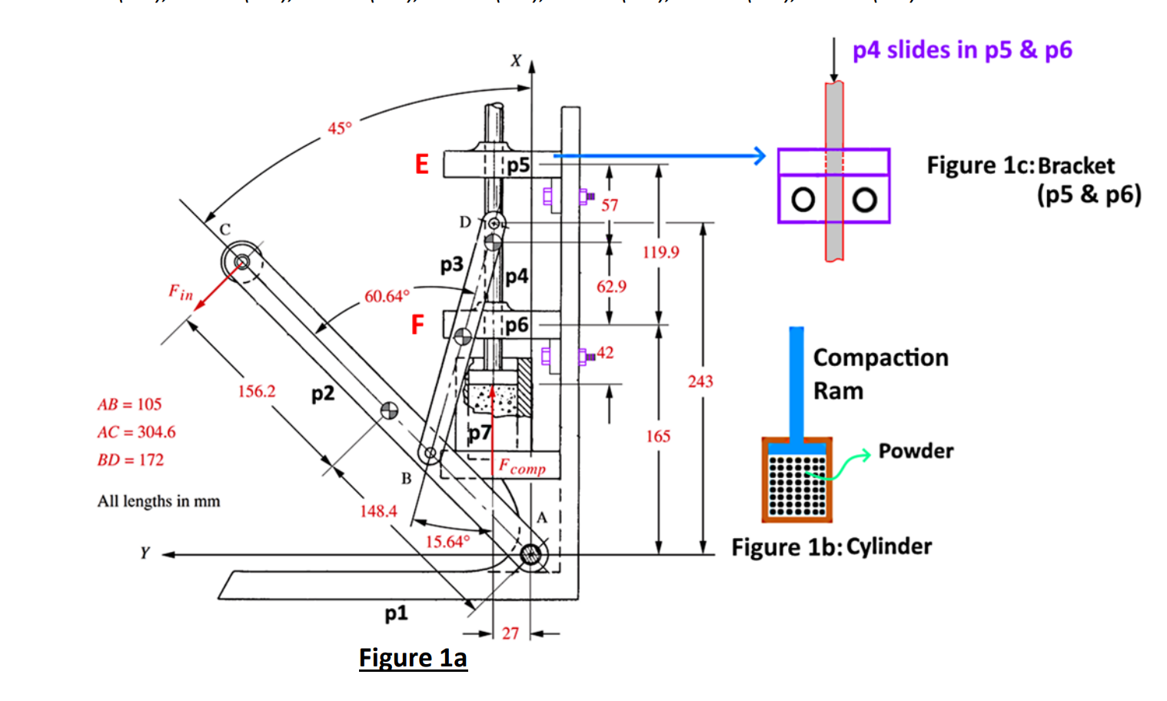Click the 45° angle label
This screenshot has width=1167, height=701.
(339, 128)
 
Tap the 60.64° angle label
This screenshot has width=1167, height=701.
(387, 296)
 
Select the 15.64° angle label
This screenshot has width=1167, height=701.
(447, 542)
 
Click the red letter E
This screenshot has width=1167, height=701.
(421, 164)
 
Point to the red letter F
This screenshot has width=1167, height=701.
(417, 325)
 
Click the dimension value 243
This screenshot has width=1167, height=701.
(700, 381)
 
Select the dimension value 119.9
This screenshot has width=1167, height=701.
(660, 252)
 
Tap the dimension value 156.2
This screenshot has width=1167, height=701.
(256, 391)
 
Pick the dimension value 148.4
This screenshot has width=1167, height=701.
(378, 511)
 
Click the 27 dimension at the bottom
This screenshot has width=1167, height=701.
(510, 633)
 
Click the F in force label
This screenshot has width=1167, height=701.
(181, 292)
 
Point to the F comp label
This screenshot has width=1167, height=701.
(522, 467)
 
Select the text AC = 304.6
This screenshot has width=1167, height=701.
(136, 432)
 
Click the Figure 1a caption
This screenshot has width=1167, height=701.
(413, 658)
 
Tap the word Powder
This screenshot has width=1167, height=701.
(916, 451)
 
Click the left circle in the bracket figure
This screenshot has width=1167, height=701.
(803, 200)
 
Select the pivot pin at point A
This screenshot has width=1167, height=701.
(530, 554)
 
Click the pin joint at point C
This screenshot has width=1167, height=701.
(241, 262)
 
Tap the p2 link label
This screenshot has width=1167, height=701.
(323, 394)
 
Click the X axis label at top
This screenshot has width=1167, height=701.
(516, 61)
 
